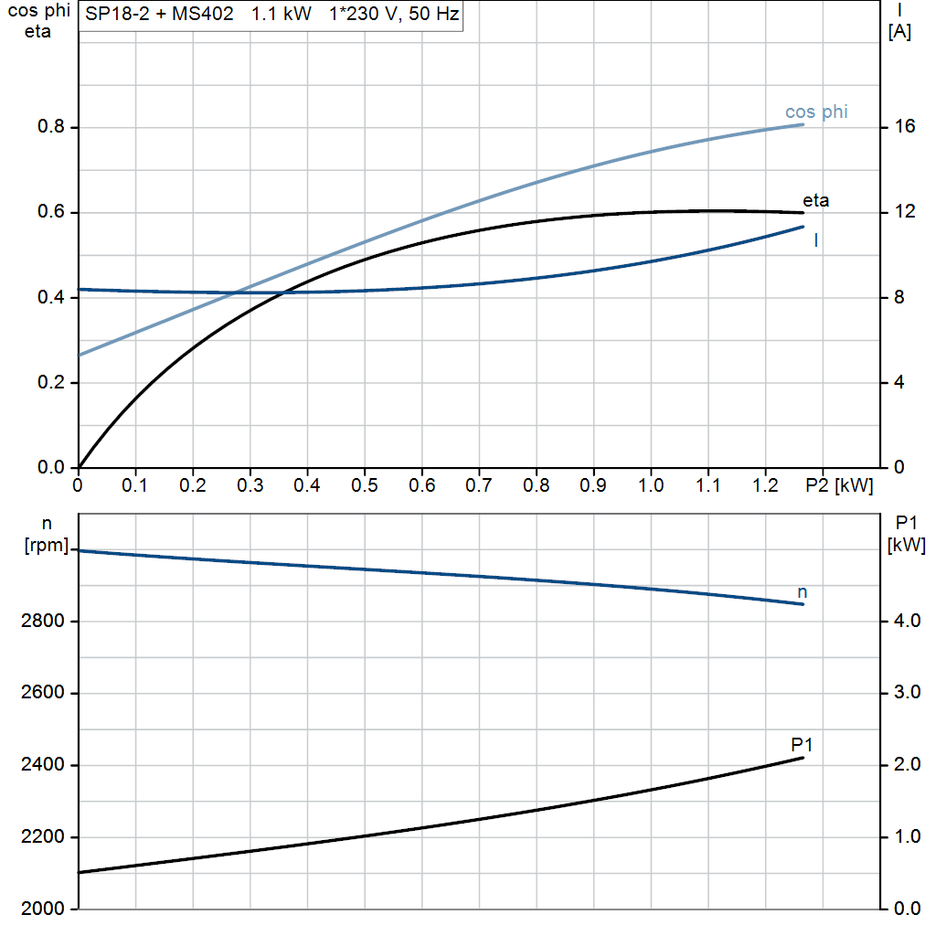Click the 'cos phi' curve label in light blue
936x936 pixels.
coord(816,112)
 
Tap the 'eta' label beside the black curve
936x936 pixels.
coord(815,200)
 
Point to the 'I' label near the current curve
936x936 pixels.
coord(815,240)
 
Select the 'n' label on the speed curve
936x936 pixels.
coord(803,592)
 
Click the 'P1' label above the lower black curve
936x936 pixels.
coord(802,744)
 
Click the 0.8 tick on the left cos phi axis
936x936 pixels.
coord(51,127)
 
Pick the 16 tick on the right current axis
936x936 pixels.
coord(904,127)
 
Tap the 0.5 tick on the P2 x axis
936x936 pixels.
coord(365,485)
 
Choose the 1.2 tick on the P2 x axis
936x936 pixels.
coord(765,485)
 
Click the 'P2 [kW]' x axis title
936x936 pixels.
coord(839,485)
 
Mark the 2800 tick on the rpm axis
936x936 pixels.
coord(42,622)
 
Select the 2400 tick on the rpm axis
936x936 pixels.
coord(42,765)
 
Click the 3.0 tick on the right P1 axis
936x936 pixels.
coord(907,693)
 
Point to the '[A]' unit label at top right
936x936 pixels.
coord(899,32)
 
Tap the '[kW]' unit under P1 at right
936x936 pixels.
coord(907,546)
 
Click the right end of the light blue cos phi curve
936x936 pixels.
coord(803,123)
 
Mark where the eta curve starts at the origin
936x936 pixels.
coord(80,467)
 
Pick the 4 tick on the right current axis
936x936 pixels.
coord(900,382)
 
